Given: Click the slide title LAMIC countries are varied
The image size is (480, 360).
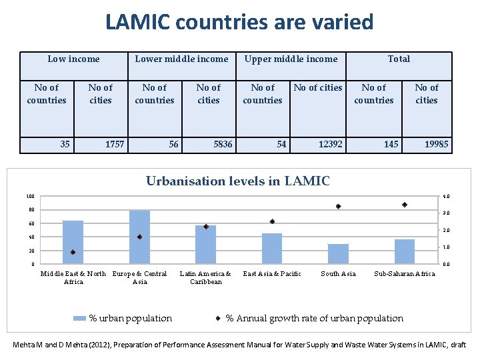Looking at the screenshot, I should (239, 22).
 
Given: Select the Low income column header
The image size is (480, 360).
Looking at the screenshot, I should (73, 59).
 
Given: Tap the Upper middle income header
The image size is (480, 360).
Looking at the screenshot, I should (291, 59).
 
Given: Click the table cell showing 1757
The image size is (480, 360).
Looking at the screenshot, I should (115, 144).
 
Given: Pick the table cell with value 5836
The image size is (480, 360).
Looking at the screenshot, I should (223, 144).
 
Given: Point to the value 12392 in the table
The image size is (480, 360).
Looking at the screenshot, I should (331, 144).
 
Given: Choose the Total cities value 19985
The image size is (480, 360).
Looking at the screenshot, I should (437, 144).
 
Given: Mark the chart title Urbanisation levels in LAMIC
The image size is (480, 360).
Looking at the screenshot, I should (237, 181).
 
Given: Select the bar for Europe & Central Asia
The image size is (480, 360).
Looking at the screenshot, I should (139, 237).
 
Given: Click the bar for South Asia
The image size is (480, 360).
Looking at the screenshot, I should (338, 254).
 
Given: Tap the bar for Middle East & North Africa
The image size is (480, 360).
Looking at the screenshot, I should (73, 242).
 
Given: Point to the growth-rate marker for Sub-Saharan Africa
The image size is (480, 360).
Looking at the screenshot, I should (405, 205).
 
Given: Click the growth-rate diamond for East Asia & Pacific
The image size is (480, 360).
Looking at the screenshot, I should (272, 221).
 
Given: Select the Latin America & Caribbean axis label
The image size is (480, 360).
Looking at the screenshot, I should (205, 277).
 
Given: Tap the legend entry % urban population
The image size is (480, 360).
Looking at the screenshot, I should (131, 318).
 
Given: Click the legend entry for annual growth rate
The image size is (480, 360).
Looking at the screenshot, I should (314, 318).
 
